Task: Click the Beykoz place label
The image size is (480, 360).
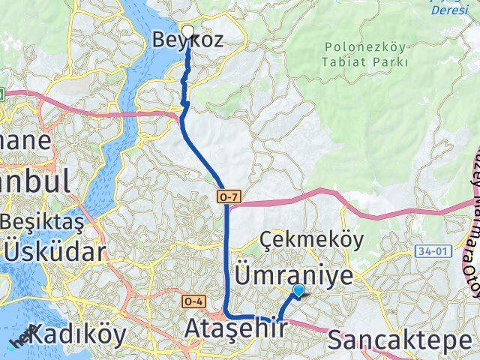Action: [x=187, y=40]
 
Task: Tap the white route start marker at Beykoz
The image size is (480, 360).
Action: [x=187, y=31]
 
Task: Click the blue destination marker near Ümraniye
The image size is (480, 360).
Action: [x=298, y=290]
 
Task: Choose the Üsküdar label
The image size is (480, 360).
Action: [x=54, y=251]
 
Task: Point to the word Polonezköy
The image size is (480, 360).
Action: [x=366, y=46]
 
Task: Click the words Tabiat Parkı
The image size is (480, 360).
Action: [x=366, y=62]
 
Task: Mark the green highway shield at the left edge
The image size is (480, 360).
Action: [x=2, y=94]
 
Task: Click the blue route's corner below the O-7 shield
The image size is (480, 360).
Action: [x=227, y=315]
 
